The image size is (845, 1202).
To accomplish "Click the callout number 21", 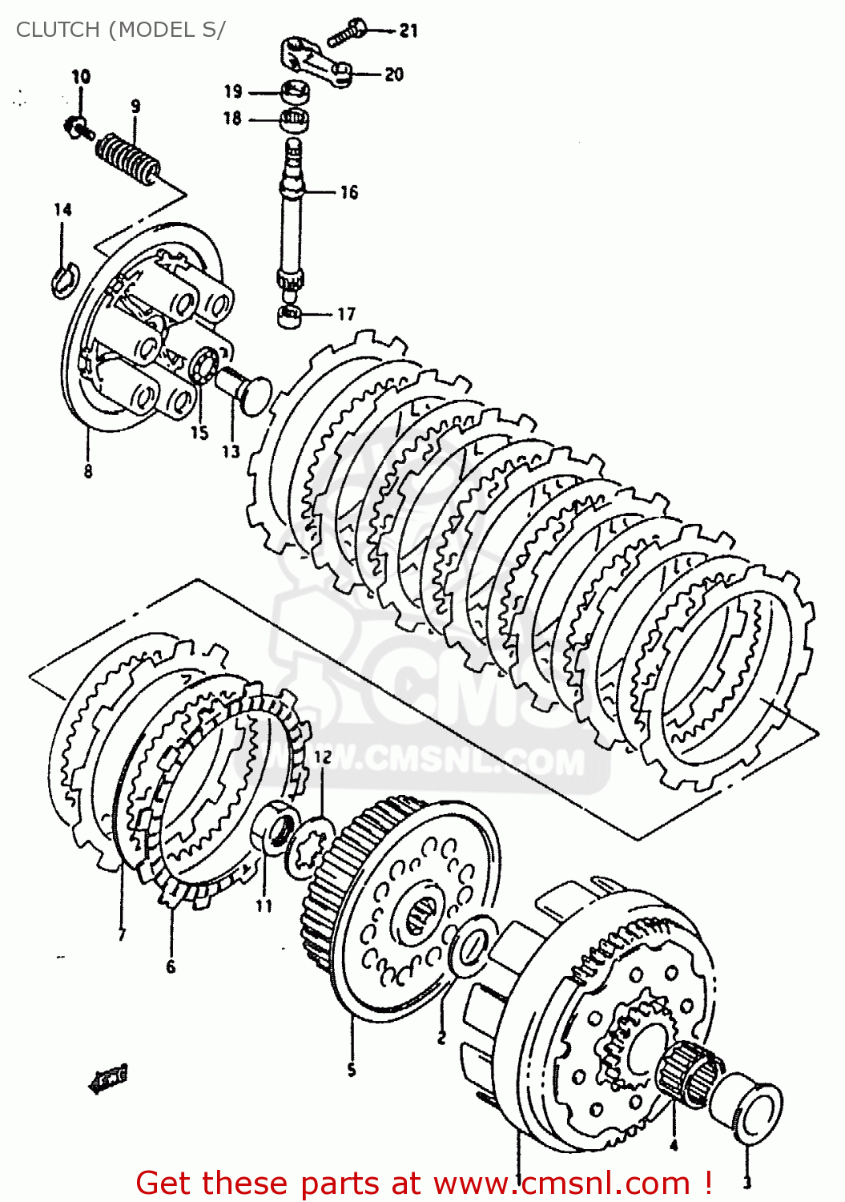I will pos(408,30).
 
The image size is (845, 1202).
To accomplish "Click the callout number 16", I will pos(348,192).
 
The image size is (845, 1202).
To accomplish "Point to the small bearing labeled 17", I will pos(289,315).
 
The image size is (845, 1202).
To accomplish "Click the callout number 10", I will pos(81,77).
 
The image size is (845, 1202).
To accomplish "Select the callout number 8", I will pos(87,471).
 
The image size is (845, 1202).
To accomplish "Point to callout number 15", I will pos(199,433).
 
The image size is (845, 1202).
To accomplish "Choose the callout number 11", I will pos(264,906).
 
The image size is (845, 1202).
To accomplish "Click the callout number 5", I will pos(351,1069).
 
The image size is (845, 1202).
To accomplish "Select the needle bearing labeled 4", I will pos(688,1074).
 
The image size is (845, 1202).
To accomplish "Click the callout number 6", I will pos(171,967).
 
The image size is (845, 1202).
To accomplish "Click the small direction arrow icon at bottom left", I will pos(109,1079).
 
